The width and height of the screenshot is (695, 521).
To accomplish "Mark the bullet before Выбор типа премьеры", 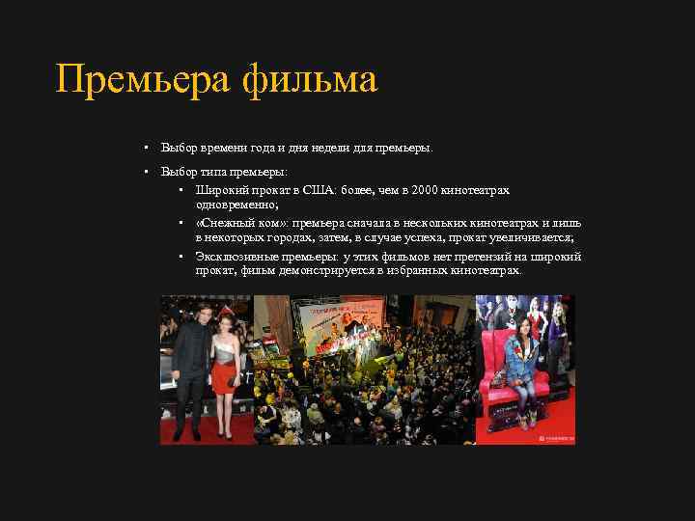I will coord(143,172).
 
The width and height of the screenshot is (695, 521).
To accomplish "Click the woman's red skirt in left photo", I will coord(224,379).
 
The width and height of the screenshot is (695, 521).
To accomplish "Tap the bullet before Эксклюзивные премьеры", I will coord(181,257).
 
